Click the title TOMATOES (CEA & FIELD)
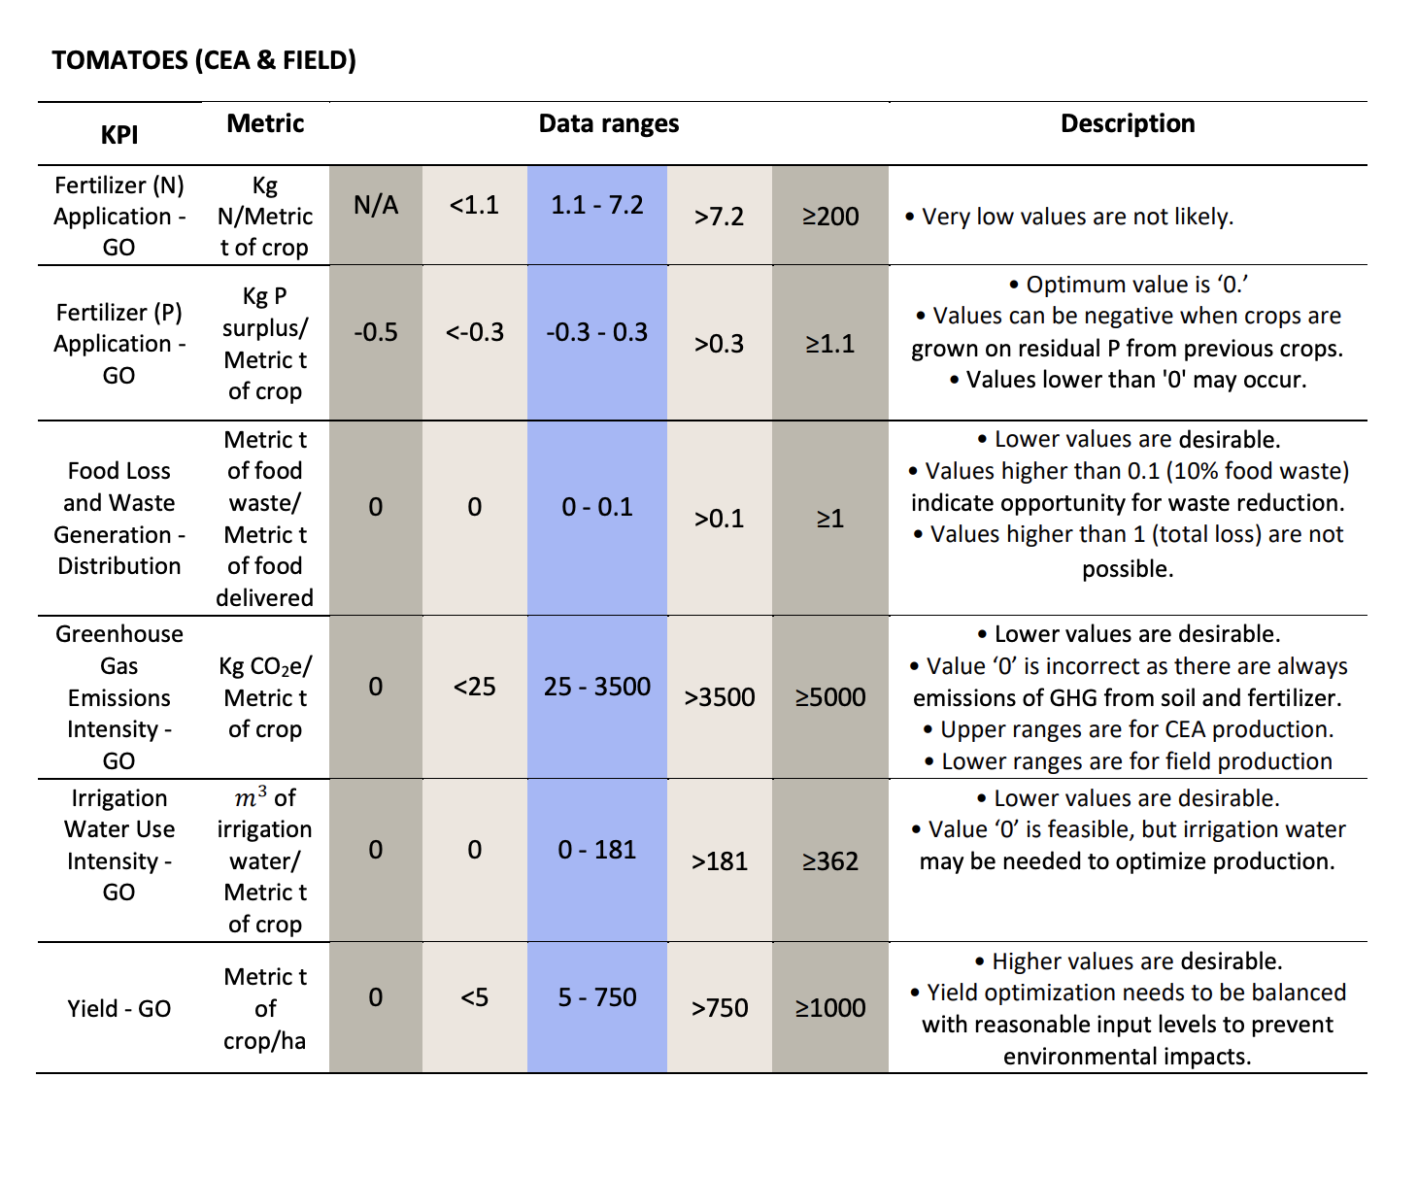pyautogui.click(x=204, y=60)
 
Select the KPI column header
pyautogui.click(x=119, y=134)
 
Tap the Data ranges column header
pyautogui.click(x=609, y=123)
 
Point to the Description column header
pyautogui.click(x=1128, y=123)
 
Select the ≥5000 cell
pyautogui.click(x=830, y=696)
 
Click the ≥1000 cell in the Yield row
pyautogui.click(x=830, y=1008)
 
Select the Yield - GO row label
pyautogui.click(x=118, y=1008)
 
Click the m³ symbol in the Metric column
pyautogui.click(x=251, y=796)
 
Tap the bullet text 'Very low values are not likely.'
pyautogui.click(x=1077, y=217)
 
